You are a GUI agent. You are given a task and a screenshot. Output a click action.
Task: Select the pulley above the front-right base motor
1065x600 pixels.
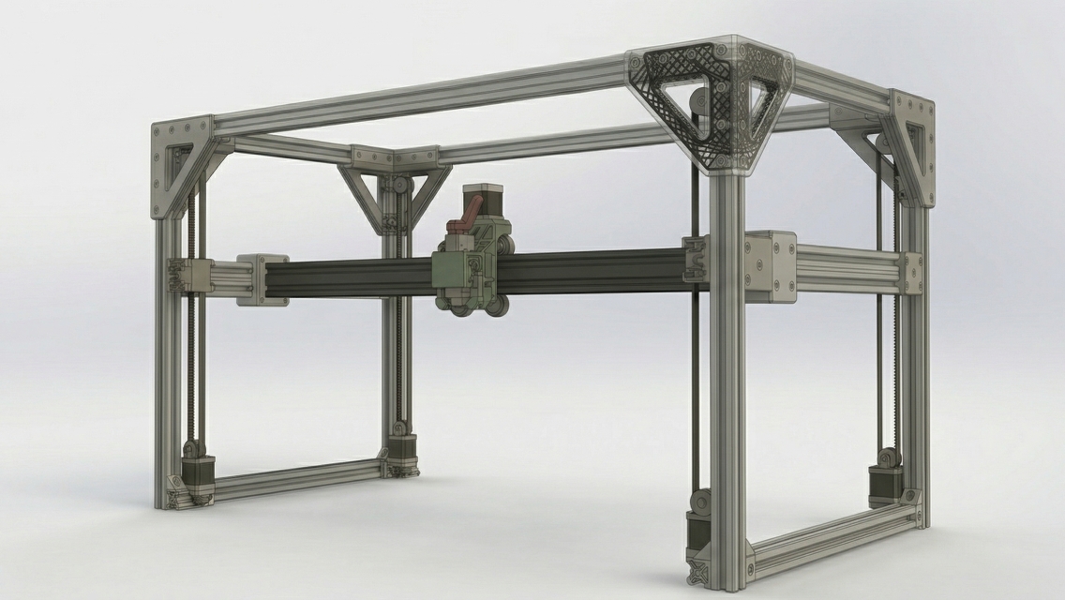point(699,501)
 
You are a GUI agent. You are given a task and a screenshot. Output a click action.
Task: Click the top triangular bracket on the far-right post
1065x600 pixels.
point(909,145)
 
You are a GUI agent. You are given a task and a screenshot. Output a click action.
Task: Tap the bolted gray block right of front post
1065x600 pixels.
point(770,267)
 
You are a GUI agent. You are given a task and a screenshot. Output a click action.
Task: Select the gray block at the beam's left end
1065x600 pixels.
point(262,278)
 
